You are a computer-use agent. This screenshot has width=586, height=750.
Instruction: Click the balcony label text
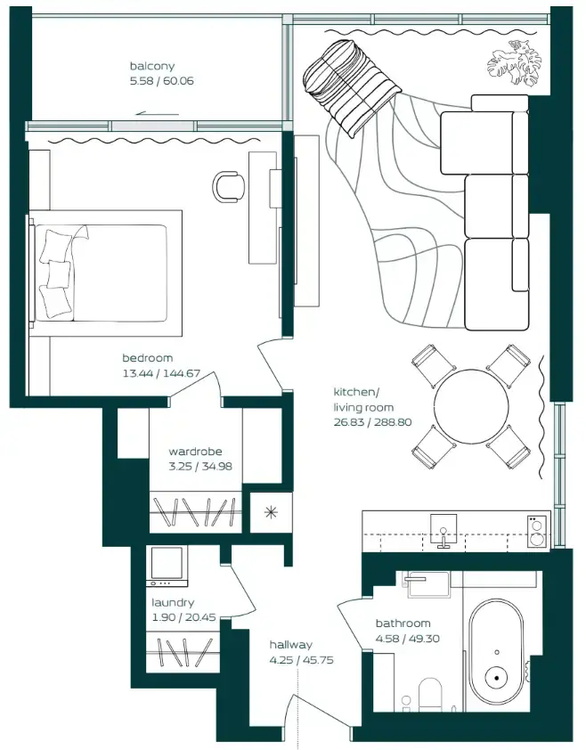(x=152, y=66)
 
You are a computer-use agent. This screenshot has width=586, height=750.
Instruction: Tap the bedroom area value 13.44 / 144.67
(x=161, y=373)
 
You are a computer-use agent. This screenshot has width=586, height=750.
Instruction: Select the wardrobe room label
(x=195, y=451)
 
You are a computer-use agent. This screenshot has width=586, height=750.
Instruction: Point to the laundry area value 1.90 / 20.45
(x=183, y=617)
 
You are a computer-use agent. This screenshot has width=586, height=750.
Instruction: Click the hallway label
(x=291, y=645)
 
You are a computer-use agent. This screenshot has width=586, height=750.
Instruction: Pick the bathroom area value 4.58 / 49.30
(x=408, y=639)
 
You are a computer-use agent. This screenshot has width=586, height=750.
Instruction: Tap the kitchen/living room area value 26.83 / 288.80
(x=372, y=422)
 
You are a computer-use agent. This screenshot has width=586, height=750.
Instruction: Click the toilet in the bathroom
(x=429, y=695)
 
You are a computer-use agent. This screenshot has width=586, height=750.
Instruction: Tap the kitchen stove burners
(x=536, y=531)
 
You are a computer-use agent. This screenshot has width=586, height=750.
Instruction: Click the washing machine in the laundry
(x=167, y=567)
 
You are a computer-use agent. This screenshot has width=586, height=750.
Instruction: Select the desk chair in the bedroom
(x=229, y=186)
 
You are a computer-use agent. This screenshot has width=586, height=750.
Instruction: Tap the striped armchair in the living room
(x=351, y=87)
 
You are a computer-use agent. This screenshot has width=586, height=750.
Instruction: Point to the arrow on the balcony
(x=157, y=114)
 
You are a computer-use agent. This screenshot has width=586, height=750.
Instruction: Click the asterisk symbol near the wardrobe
(x=271, y=513)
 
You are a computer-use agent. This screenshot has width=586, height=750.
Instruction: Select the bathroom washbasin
(x=428, y=584)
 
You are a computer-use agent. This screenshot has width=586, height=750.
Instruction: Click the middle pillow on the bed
(x=59, y=273)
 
